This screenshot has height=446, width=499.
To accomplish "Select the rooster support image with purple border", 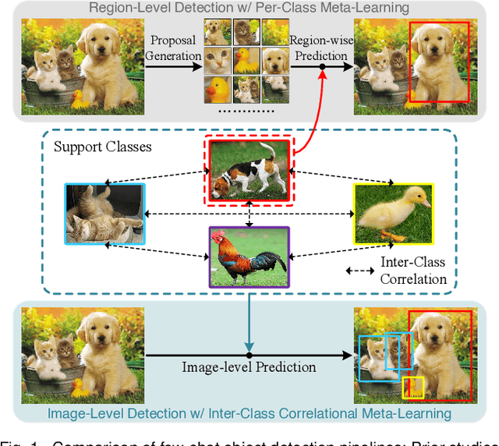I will point(249,256).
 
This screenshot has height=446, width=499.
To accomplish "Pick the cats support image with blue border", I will point(105,214).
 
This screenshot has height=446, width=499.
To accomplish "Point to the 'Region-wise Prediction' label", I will point(318,48).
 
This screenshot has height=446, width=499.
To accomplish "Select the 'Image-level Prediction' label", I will point(249,366).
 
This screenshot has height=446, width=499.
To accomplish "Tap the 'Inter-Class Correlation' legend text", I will point(413,270).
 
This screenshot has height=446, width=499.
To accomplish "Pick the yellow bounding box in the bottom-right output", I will point(412,388).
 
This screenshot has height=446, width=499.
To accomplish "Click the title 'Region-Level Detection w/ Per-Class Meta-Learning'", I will point(249,9).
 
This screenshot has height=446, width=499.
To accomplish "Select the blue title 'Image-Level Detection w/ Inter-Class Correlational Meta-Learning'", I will point(249,413).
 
